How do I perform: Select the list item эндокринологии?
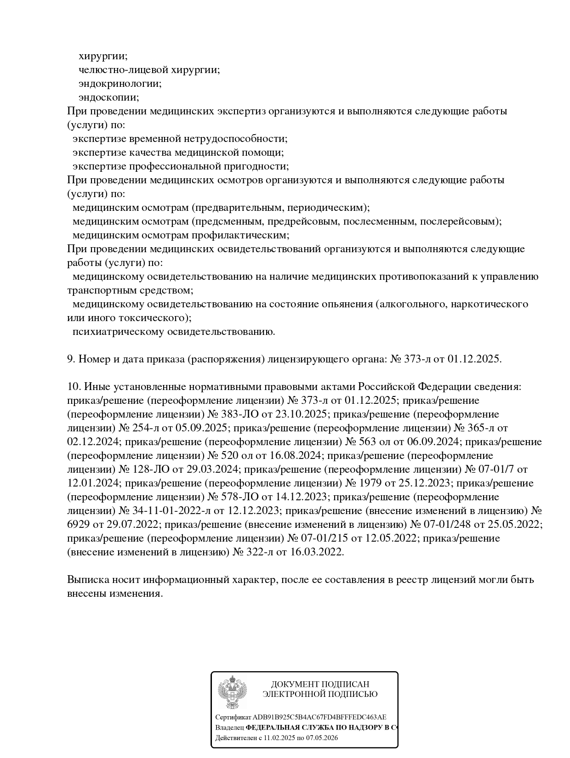120,84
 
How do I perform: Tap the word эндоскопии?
108,97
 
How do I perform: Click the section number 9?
71,359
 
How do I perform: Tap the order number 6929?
79,525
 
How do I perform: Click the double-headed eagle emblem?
232,692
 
